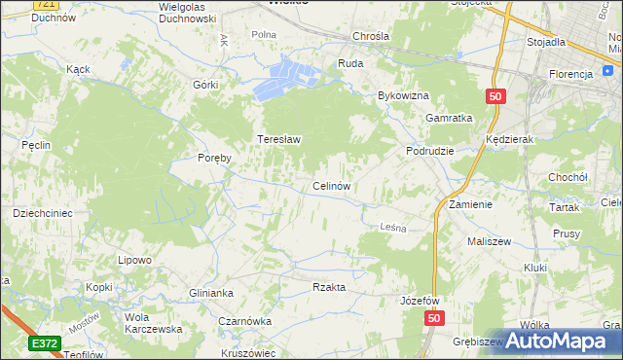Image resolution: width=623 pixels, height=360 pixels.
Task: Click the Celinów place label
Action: click(x=331, y=185)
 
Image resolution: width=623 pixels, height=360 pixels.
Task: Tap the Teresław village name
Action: click(x=278, y=139)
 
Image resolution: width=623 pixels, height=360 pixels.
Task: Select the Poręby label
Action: click(x=213, y=158)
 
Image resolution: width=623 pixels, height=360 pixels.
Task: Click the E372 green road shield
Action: click(x=44, y=343)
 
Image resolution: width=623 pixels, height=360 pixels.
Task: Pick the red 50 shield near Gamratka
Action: click(x=495, y=95)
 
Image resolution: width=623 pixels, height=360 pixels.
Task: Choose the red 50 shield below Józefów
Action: click(x=433, y=318)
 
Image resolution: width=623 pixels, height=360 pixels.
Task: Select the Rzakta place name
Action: click(x=329, y=287)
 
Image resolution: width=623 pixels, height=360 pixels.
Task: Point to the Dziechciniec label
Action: click(x=42, y=212)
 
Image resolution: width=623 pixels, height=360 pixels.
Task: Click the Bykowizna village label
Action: click(x=403, y=96)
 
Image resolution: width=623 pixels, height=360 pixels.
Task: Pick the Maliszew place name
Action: click(x=489, y=240)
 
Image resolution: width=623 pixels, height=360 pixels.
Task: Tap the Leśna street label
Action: click(x=390, y=226)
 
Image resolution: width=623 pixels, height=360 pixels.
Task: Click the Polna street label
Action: click(x=264, y=35)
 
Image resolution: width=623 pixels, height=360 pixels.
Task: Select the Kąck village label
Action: click(x=78, y=69)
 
